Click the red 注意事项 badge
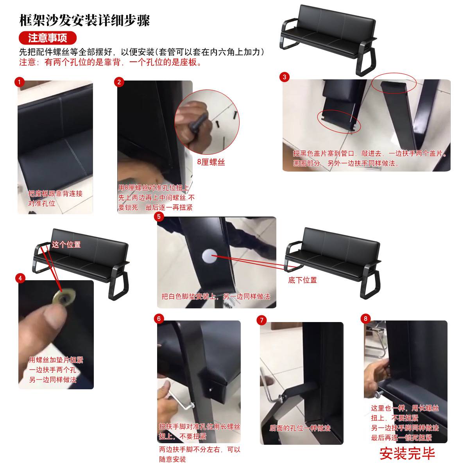pyautogui.click(x=47, y=38)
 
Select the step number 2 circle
pyautogui.click(x=119, y=82)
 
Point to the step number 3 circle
pyautogui.click(x=285, y=77)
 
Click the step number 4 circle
pyautogui.click(x=21, y=278)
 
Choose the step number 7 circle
pyautogui.click(x=262, y=320)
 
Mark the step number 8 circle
pyautogui.click(x=365, y=319)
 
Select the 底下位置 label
pyautogui.click(x=302, y=280)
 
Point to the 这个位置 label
pyautogui.click(x=66, y=245)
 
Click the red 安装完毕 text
pyautogui.click(x=407, y=454)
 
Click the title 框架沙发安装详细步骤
pyautogui.click(x=84, y=21)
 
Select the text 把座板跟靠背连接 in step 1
pyautogui.click(x=55, y=193)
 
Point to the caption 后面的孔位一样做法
pyautogui.click(x=300, y=428)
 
